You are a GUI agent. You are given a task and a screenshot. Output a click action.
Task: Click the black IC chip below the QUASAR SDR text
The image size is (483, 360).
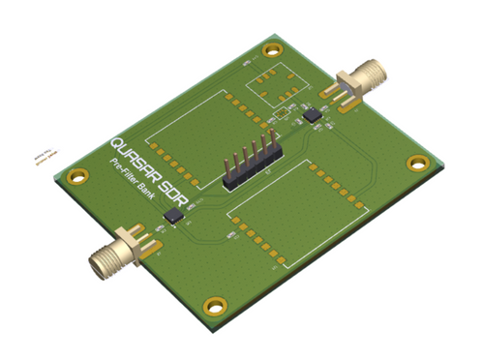pos(174,215)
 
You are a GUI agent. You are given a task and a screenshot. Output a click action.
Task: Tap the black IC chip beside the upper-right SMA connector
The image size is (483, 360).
pos(313,113)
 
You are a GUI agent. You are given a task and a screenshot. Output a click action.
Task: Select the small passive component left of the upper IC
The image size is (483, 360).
pos(281,114)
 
